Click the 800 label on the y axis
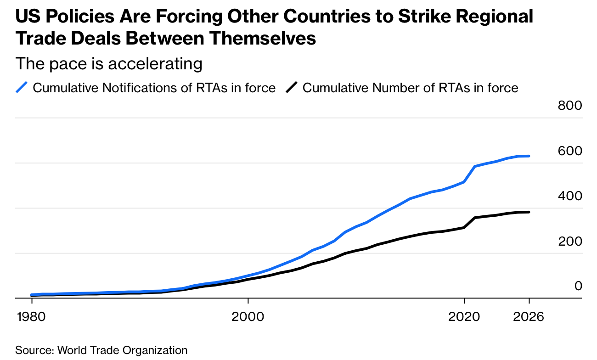570,106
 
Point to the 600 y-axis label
570,151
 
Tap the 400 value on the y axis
570,196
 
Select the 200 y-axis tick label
570,241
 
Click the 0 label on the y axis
578,286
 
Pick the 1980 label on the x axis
32,317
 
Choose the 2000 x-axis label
248,317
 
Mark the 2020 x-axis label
464,317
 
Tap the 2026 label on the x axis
529,317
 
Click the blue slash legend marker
22,87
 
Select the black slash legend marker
292,87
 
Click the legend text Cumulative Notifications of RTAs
154,88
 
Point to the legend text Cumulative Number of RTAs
410,88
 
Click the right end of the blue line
529,156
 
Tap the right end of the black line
529,212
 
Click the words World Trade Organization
122,350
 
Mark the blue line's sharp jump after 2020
470,174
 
